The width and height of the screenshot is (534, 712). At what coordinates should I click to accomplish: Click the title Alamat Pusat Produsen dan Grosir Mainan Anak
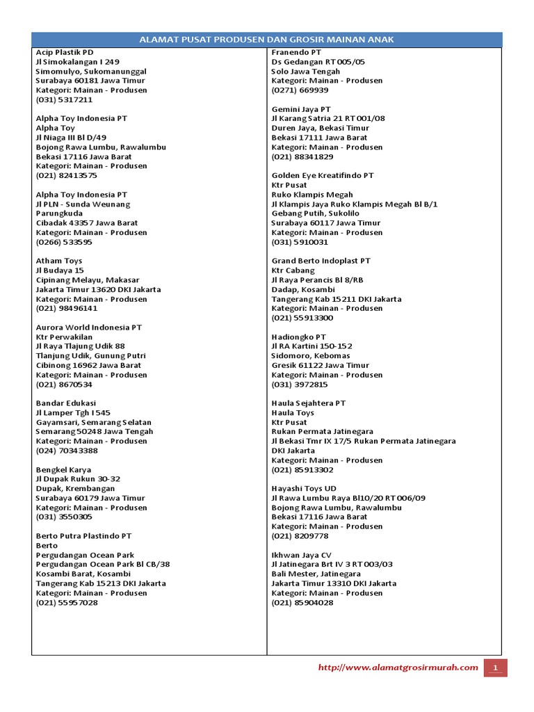point(267,40)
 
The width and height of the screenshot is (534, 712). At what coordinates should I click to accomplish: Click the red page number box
point(496,667)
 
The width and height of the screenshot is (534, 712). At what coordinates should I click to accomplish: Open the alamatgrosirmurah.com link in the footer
point(398,667)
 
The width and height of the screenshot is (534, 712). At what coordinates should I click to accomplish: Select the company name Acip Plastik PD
point(65,52)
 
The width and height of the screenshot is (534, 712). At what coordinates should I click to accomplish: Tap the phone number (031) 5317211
point(64,99)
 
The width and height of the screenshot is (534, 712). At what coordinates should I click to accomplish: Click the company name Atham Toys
point(59,261)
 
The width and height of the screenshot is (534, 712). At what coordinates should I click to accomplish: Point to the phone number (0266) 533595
point(64,242)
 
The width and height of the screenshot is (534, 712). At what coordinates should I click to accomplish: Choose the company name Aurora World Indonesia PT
point(88,327)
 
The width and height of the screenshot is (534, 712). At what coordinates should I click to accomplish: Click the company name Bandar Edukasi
point(66,403)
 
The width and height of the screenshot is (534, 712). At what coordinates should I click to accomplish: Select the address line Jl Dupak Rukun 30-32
point(78,479)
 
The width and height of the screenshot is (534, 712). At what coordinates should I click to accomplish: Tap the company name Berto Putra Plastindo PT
point(83,536)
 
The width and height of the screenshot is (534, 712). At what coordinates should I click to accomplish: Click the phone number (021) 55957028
point(67,603)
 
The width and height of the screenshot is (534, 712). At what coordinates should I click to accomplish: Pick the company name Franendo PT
point(296,52)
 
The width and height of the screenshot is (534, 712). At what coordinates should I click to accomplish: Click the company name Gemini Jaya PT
point(301,109)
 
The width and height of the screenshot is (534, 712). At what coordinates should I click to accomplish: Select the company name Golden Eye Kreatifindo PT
point(323,175)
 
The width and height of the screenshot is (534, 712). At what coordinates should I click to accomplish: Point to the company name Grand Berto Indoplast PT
point(321,261)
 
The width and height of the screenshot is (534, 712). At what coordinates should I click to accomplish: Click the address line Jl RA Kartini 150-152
point(311,346)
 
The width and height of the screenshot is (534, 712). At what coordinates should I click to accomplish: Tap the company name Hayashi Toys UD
point(304,489)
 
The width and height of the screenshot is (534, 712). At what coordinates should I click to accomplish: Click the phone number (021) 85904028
point(302,603)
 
